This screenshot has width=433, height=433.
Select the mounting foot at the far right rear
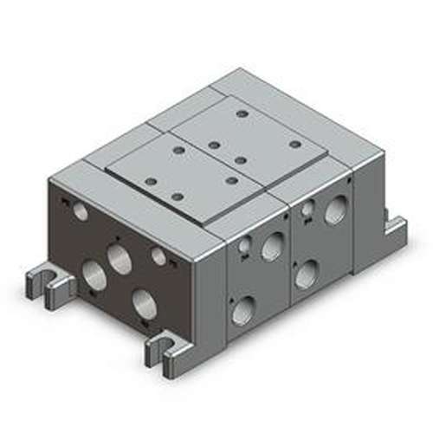394,229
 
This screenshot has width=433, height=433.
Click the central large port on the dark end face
119,255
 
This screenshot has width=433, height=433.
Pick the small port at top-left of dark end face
80,210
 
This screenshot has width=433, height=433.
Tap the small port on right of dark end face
158,255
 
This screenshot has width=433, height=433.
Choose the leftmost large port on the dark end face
94,276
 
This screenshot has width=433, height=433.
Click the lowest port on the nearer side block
244,309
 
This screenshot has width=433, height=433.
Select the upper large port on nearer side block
272,247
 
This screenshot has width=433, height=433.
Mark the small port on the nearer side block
244,249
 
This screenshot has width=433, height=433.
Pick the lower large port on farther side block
306,275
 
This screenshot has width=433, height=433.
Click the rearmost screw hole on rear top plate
242,113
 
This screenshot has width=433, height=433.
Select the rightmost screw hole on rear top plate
294,144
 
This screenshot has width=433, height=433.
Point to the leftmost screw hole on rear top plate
213,144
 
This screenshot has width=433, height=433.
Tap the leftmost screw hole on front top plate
151,181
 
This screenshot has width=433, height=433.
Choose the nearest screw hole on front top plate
178,197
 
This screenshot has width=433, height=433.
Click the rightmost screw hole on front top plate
232,180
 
